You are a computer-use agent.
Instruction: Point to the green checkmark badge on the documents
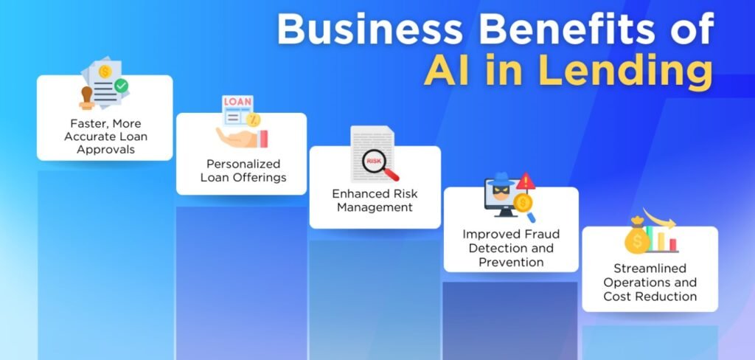click(121, 86)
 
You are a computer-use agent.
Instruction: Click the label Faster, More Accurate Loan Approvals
click(105, 136)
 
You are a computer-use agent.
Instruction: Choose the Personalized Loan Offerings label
click(241, 170)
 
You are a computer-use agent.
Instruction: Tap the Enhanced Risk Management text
click(374, 201)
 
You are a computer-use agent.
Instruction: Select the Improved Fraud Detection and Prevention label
click(510, 248)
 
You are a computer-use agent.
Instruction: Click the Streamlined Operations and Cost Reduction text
click(650, 283)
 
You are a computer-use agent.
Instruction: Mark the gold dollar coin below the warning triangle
click(523, 202)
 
